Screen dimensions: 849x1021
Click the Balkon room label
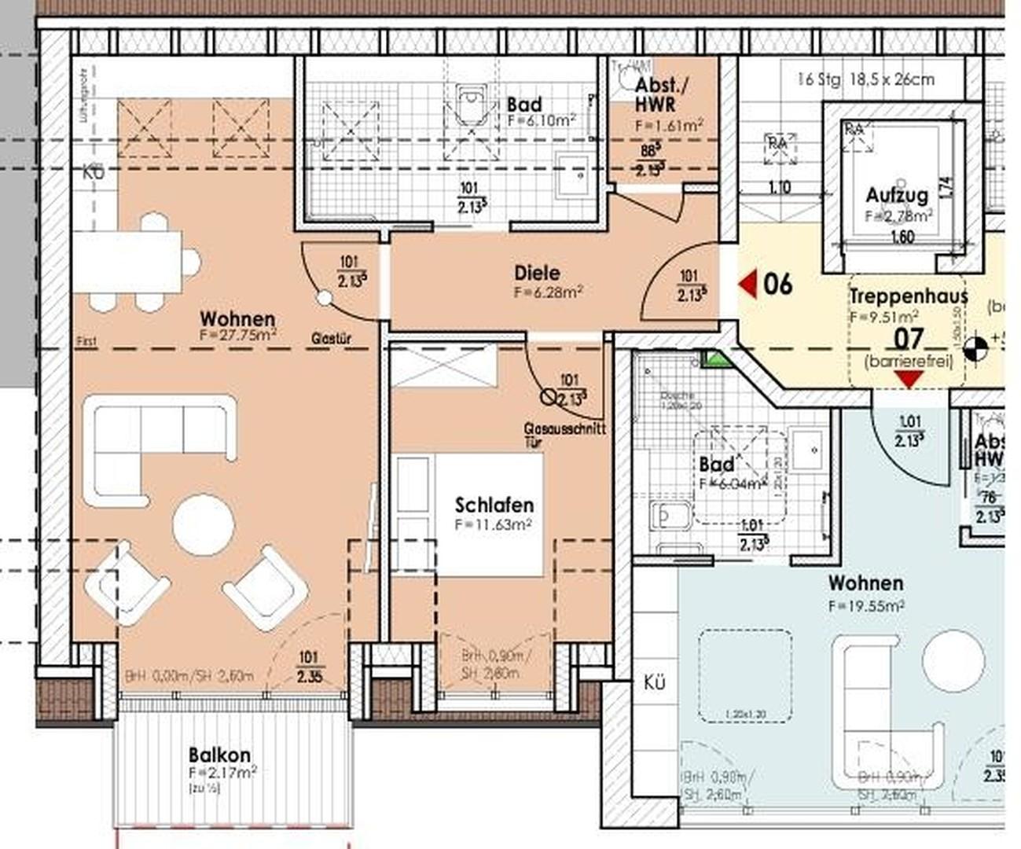(x=219, y=755)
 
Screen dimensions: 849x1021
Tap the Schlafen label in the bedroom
(x=494, y=505)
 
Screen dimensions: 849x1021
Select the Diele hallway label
(x=538, y=273)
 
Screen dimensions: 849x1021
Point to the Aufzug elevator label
(x=897, y=195)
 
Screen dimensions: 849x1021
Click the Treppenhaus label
(x=908, y=296)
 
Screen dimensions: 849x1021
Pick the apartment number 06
(x=777, y=284)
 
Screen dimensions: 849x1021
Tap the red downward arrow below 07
(x=909, y=380)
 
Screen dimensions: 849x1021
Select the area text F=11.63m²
(x=494, y=524)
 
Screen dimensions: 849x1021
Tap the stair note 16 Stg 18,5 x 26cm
(x=865, y=79)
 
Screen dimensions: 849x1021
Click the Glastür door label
(x=331, y=339)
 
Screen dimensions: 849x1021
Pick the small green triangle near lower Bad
(x=714, y=359)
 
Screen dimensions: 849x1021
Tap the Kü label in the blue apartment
(x=654, y=682)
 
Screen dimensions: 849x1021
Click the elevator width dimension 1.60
(x=903, y=237)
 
